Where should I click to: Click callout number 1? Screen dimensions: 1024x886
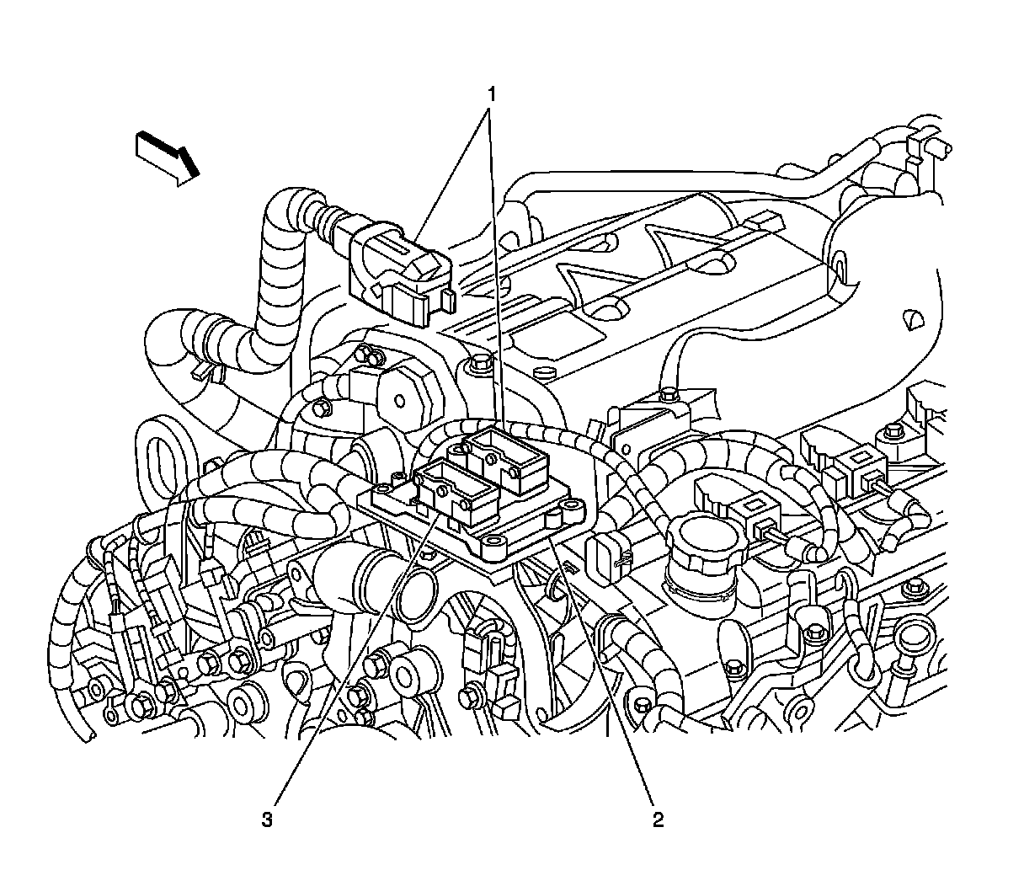point(492,94)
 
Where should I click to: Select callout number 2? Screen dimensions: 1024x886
point(658,819)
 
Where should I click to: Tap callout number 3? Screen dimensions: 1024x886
point(267,819)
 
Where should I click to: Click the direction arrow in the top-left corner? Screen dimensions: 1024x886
point(168,158)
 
